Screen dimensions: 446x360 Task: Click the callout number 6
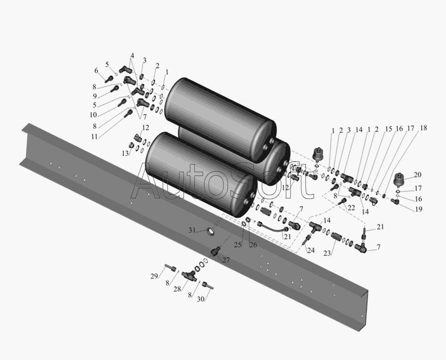[96, 71]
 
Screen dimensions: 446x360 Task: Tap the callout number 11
[95, 136]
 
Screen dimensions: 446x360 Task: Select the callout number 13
[125, 153]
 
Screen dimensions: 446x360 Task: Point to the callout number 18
[424, 128]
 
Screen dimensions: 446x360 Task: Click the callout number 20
[418, 175]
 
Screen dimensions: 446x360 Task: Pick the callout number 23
[327, 253]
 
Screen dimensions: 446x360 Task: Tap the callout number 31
[192, 230]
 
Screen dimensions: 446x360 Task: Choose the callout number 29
[154, 276]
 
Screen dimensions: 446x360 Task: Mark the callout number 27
[226, 260]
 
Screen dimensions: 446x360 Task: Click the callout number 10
[93, 115]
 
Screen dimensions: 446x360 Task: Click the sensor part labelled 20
[400, 180]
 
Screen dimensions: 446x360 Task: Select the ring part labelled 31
[211, 232]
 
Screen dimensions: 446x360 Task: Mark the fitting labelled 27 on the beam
[215, 251]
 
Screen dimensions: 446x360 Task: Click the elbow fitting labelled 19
[395, 201]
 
